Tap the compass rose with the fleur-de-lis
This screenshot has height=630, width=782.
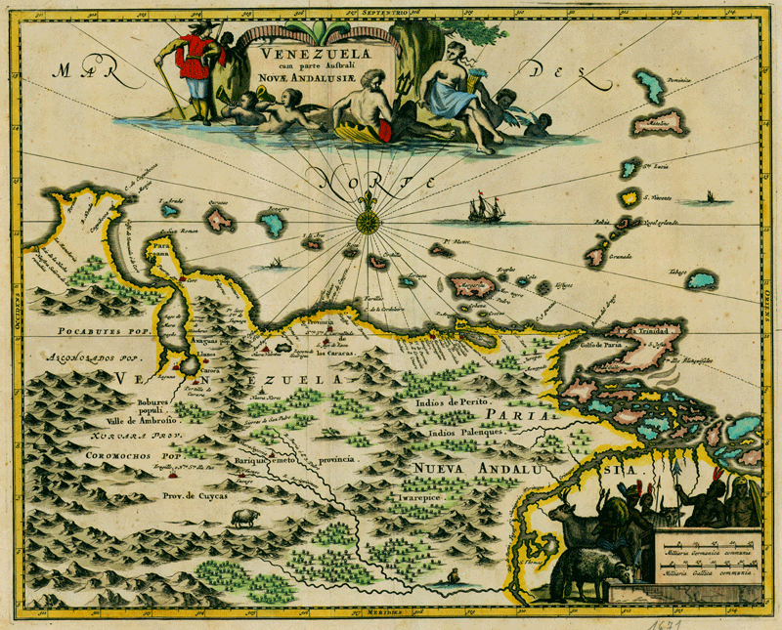click(x=368, y=221)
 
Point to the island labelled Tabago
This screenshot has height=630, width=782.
click(x=700, y=280)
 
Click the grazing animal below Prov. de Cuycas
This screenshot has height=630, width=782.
click(x=243, y=517)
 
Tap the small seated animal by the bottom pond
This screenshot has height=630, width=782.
click(x=452, y=578)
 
